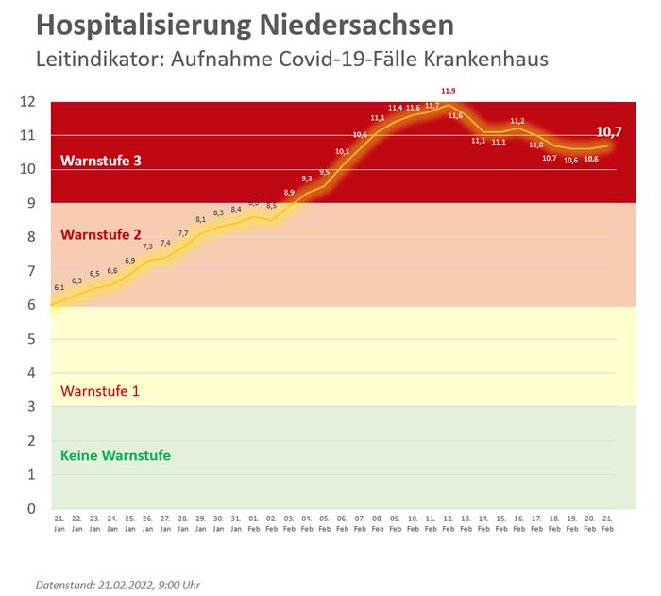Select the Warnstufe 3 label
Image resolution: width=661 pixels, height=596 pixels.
point(101,161)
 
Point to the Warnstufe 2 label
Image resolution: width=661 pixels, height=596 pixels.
point(101,234)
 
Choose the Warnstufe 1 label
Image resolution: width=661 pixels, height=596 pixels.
point(100,390)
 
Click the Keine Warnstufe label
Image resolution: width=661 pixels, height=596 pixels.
point(115,455)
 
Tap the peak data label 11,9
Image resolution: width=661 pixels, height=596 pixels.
point(449,91)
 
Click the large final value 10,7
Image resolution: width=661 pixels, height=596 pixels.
point(609,132)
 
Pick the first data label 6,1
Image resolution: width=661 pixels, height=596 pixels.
point(59,287)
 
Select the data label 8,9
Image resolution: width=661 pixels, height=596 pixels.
point(289,193)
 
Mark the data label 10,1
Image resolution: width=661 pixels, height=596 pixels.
point(342,151)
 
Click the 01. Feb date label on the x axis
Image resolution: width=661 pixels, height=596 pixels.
point(253,522)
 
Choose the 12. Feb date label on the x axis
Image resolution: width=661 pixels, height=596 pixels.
point(448,522)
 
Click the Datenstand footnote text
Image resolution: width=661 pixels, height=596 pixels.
point(117,585)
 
